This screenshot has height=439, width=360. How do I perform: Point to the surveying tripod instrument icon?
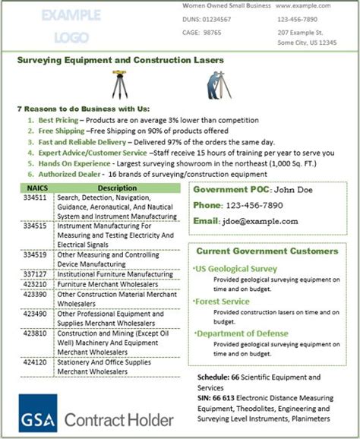point(120,84)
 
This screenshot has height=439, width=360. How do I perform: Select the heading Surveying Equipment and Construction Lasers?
point(119,60)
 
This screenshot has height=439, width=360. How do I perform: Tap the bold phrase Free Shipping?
point(62,131)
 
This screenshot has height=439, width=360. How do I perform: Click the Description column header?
point(116,187)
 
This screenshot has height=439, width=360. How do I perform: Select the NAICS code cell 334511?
point(35,197)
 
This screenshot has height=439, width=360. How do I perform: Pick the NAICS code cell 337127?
point(35,274)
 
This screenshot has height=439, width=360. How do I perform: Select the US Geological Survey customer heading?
point(236,269)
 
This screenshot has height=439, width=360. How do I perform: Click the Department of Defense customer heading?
point(242,333)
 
